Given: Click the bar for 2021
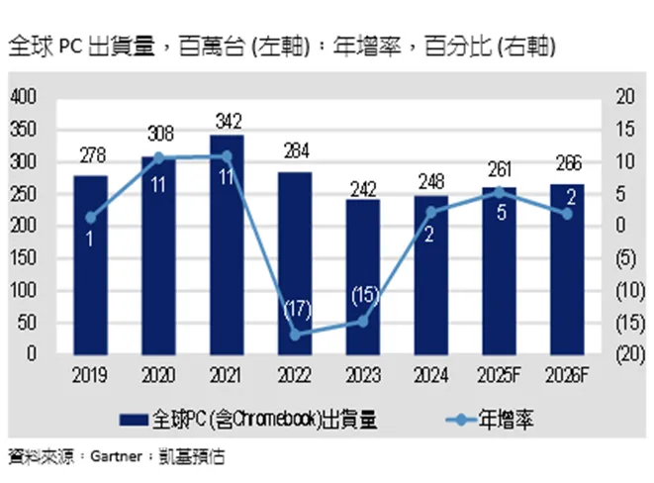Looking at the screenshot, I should click(x=227, y=247).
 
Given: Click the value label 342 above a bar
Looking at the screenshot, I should click(x=227, y=121).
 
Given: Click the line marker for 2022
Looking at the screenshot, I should click(x=295, y=335).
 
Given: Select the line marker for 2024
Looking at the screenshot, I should click(x=430, y=212).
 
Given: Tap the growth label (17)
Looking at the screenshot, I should click(x=295, y=307).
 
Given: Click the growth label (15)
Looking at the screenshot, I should click(x=362, y=294).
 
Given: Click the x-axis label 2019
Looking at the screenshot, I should click(x=91, y=375).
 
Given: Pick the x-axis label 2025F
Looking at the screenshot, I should click(x=499, y=375).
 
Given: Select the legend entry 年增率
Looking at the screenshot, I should click(x=511, y=420).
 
